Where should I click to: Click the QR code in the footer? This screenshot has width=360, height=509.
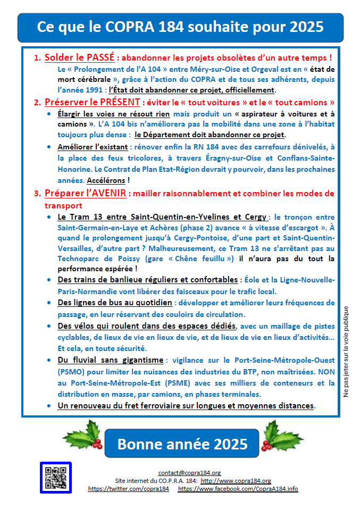tap(56, 477)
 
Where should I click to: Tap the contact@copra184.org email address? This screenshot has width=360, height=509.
tap(189, 472)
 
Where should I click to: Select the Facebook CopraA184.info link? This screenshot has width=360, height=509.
tap(238, 488)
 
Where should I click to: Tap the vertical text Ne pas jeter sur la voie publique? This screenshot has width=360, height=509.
tap(346, 352)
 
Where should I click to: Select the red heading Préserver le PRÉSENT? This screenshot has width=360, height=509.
tap(91, 102)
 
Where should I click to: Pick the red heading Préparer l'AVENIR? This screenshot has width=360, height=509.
tap(85, 193)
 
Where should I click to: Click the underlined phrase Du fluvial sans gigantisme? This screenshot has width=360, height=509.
tap(111, 360)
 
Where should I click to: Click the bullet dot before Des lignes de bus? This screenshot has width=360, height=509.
tap(49, 303)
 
